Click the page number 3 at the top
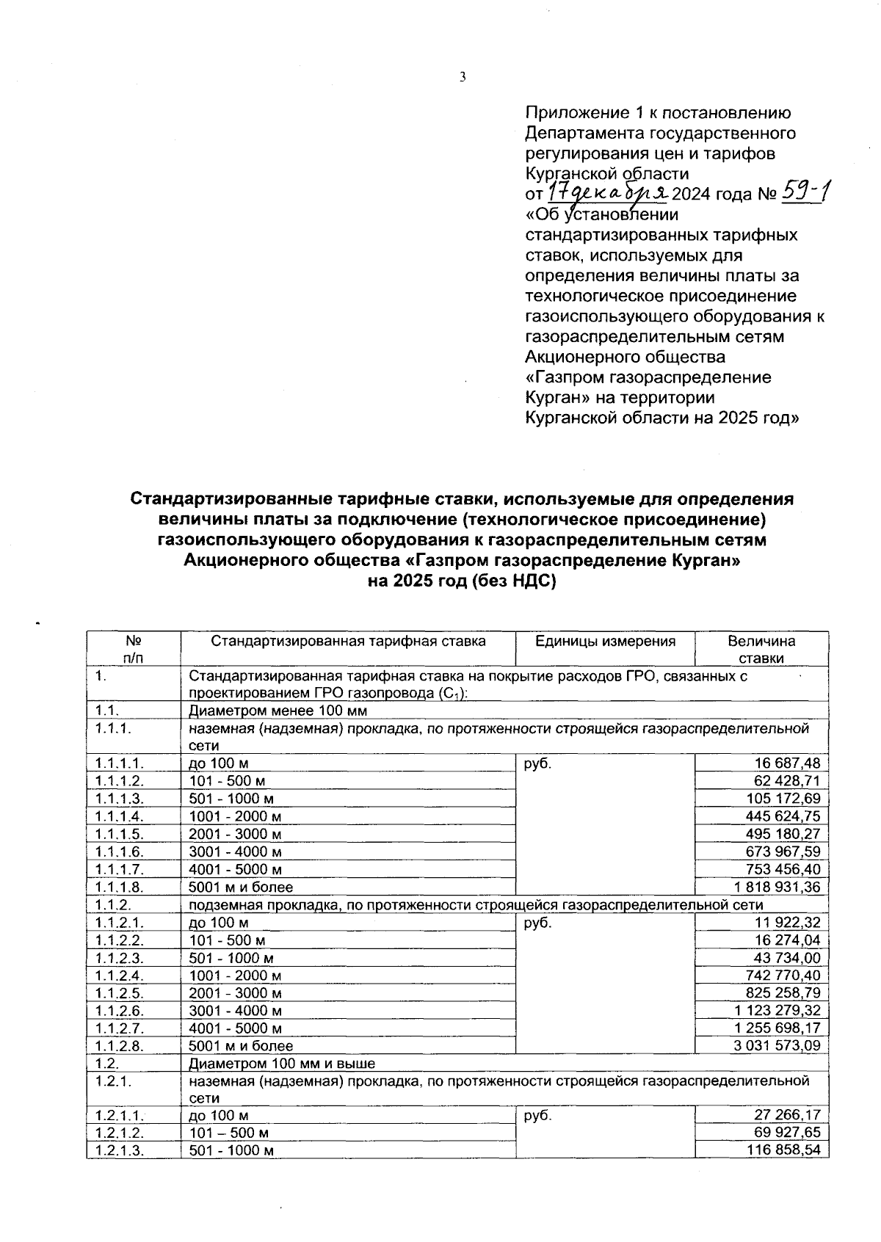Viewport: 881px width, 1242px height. (x=463, y=76)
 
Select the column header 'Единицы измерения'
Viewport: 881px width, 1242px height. (x=605, y=641)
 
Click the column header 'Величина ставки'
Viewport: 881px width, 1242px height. (x=761, y=649)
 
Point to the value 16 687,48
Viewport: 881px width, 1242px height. (x=783, y=763)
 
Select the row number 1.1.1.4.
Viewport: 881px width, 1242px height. (x=119, y=816)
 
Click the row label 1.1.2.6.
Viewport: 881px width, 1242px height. (x=119, y=1010)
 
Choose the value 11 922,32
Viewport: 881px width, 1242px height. (x=783, y=923)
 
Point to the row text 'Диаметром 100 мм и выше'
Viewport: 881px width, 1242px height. (x=282, y=1063)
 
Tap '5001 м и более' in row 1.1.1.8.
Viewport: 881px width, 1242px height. (x=241, y=887)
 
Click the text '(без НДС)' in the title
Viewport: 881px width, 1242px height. (x=512, y=581)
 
